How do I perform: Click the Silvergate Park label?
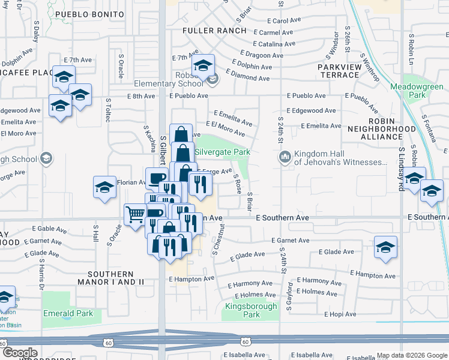tap(222, 152)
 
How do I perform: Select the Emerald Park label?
tap(68, 313)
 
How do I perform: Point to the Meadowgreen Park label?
tap(417, 91)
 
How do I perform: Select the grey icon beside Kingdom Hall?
tap(285, 157)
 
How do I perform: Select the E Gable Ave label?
tap(54, 229)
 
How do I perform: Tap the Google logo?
tap(20, 353)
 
